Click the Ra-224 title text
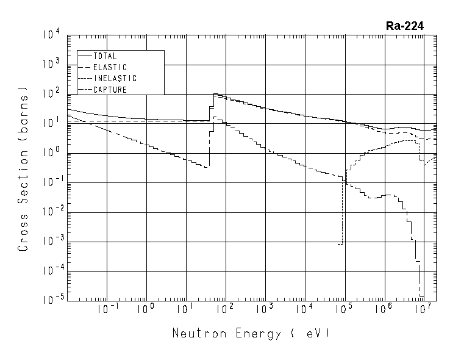click(405, 26)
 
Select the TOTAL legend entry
click(105, 56)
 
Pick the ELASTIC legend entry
click(110, 67)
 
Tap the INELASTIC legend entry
click(115, 79)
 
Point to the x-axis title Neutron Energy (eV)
click(251, 333)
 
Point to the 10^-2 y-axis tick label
click(49, 212)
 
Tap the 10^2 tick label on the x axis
click(225, 309)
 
